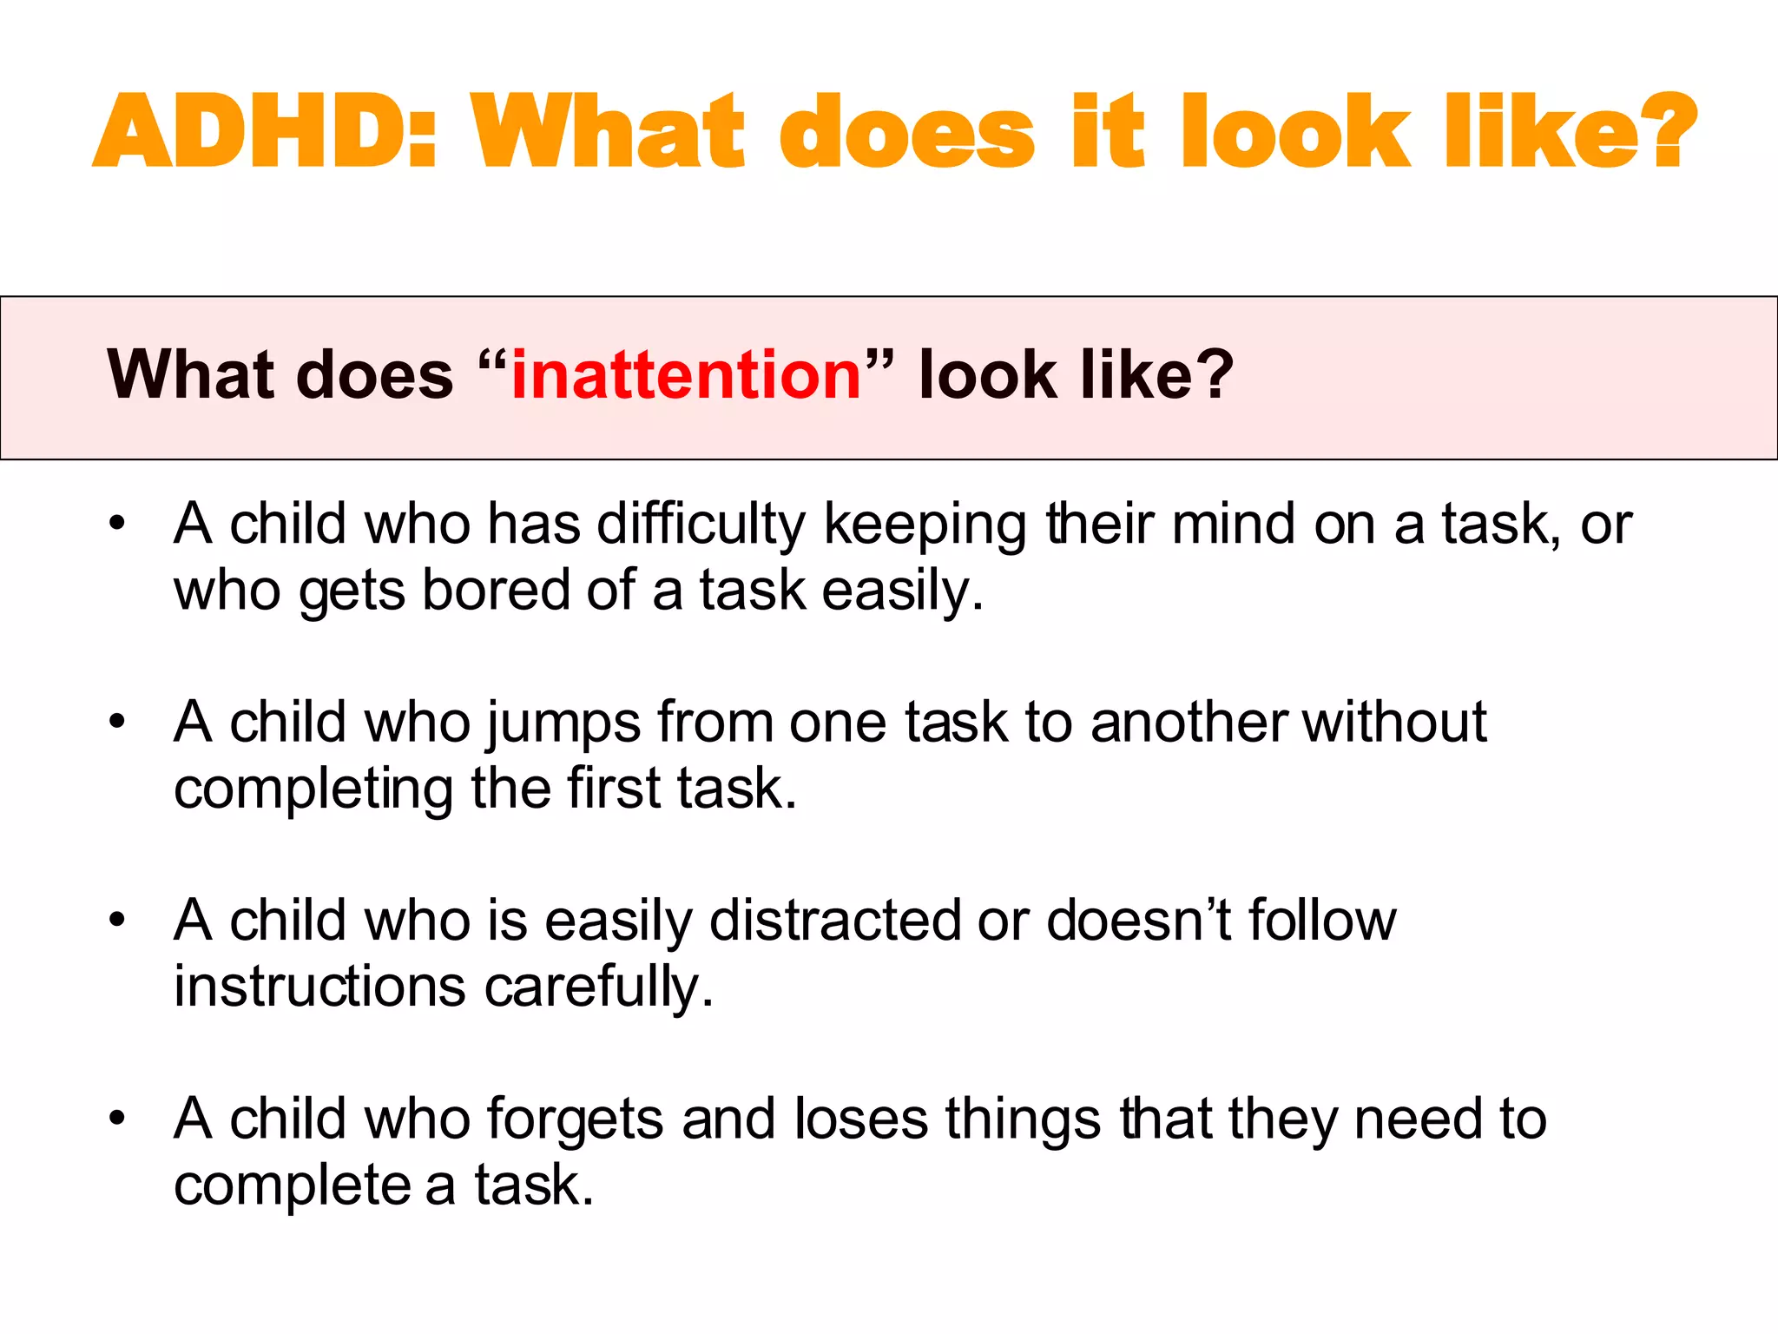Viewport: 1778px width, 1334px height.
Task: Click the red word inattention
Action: tap(686, 375)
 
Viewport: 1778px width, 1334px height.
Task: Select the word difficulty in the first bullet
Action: tap(701, 525)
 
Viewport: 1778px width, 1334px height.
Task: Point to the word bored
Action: tap(495, 591)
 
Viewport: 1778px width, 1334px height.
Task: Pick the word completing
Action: tap(313, 789)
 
